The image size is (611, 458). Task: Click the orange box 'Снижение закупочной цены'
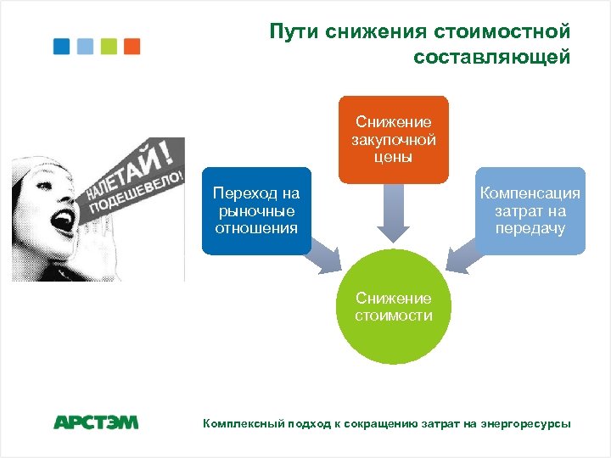coord(393,139)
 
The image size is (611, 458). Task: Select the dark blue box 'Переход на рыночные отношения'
coord(255,210)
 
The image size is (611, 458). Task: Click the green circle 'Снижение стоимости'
coord(393,307)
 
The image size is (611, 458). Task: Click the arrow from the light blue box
coord(466,255)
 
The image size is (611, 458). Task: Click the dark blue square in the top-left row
coord(61,46)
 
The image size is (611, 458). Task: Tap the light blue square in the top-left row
coord(85,46)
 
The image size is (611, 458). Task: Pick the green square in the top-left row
coord(109,46)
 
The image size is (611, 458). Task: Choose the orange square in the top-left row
coord(132,46)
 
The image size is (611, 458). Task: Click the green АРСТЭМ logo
coord(96,422)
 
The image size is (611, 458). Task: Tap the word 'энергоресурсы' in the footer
coord(525,422)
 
